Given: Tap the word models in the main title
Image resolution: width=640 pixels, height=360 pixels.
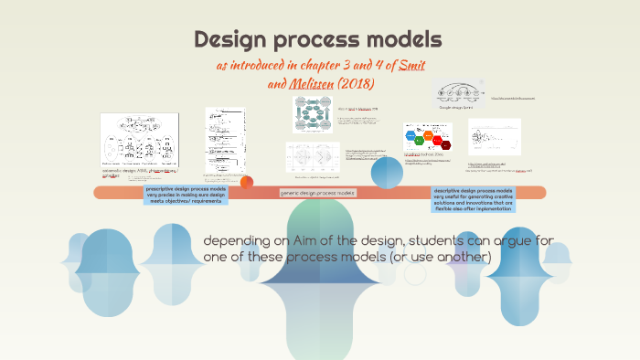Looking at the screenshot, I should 403,40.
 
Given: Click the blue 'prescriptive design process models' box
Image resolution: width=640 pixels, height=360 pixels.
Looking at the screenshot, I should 186,195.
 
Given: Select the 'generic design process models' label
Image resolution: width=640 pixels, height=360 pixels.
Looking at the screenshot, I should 317,193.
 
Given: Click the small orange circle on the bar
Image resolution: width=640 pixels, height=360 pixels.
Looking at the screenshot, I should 246,182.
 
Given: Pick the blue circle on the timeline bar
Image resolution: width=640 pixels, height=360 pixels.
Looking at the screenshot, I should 387,172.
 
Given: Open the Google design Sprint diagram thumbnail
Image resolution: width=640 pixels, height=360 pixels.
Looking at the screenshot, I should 457,94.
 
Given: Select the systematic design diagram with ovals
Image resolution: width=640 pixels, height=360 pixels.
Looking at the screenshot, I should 139,139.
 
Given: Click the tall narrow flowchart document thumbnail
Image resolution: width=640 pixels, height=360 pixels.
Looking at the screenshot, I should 225,137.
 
